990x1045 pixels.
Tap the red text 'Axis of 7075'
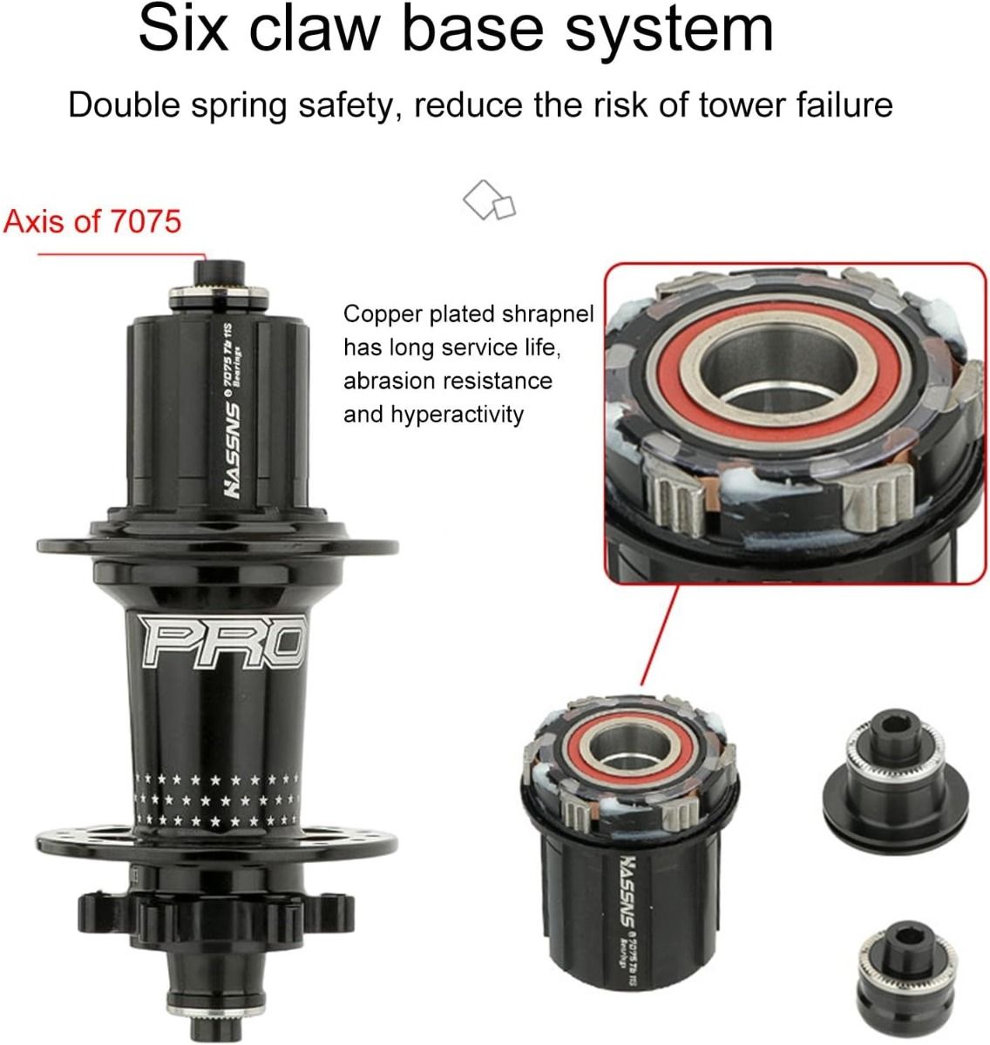[x=92, y=220]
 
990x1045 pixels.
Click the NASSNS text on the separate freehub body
[x=626, y=888]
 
